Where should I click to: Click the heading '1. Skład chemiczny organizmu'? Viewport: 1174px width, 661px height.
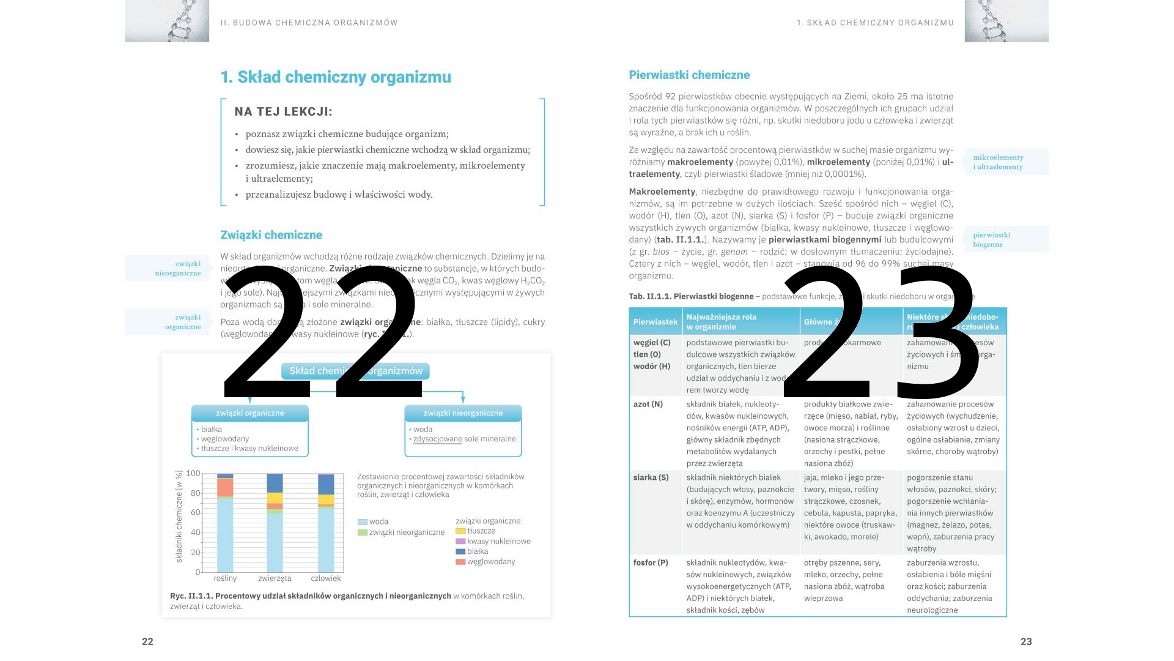click(336, 77)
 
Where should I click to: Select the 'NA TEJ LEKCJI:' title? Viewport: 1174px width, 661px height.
click(284, 112)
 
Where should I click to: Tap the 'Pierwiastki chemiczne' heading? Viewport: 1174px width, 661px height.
click(689, 75)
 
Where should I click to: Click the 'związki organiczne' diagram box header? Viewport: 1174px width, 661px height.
click(249, 413)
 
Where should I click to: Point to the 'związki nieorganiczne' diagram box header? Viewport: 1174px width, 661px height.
click(463, 413)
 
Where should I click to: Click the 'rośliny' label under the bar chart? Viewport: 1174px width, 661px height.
click(225, 578)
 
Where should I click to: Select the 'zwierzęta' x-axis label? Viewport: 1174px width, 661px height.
click(275, 578)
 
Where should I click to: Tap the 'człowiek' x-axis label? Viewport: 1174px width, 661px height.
click(326, 578)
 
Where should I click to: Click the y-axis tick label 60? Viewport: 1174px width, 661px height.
click(195, 513)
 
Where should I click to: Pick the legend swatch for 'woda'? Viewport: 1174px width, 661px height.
click(363, 522)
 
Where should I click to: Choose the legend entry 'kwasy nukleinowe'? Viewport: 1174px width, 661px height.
click(498, 542)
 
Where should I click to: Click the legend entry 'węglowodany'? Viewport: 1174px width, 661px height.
click(491, 562)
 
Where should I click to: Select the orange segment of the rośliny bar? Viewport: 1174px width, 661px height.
click(225, 487)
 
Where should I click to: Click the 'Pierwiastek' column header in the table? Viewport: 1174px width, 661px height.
click(655, 322)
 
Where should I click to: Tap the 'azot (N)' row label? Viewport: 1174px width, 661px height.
click(648, 405)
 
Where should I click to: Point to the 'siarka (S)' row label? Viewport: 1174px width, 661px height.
click(651, 478)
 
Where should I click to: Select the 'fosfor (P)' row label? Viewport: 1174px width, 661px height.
click(651, 563)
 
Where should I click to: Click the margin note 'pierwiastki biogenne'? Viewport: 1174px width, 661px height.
click(992, 239)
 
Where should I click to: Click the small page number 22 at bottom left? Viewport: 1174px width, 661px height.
click(147, 641)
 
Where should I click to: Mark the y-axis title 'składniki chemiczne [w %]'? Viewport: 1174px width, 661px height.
click(179, 517)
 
